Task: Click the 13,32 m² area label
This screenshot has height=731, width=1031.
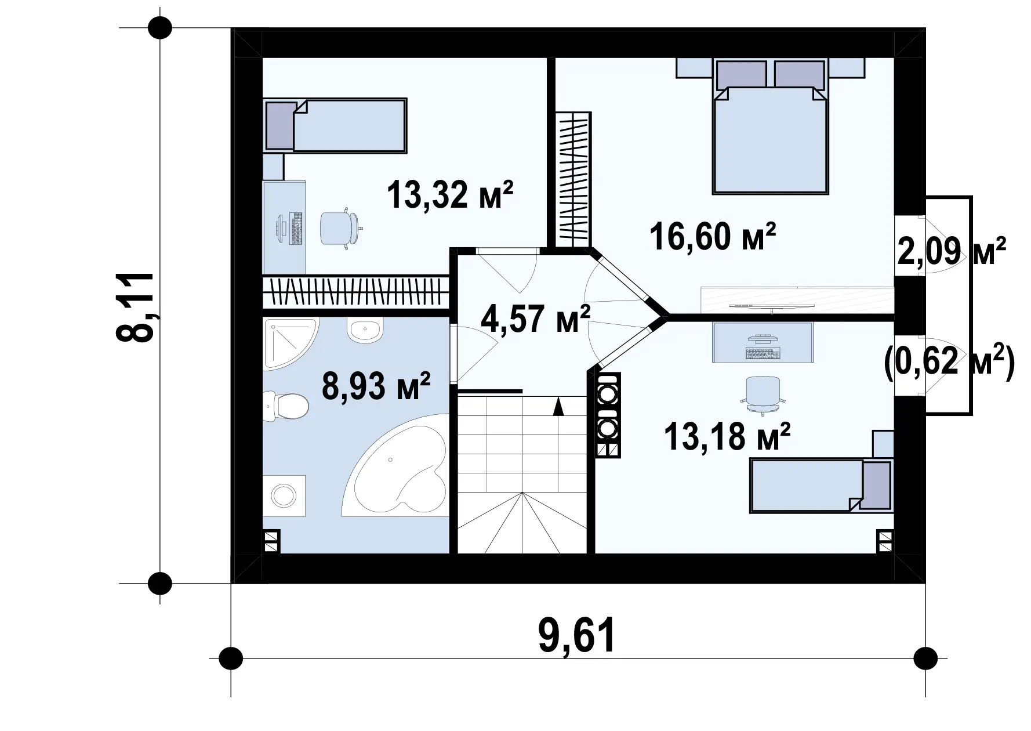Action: click(449, 194)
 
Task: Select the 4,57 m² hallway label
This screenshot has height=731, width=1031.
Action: click(535, 319)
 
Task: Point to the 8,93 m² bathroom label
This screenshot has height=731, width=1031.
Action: click(376, 387)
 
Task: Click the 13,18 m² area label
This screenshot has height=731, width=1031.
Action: click(727, 436)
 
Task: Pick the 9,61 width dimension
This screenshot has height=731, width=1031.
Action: click(577, 636)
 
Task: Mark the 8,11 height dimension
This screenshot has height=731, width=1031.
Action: click(136, 307)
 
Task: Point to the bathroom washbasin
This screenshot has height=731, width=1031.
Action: click(364, 330)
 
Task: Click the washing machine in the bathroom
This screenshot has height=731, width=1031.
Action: click(284, 495)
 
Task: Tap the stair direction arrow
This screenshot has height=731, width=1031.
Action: click(558, 406)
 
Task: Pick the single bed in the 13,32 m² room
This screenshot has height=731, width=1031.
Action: click(336, 125)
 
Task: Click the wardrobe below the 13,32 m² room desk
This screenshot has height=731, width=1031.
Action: click(356, 292)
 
